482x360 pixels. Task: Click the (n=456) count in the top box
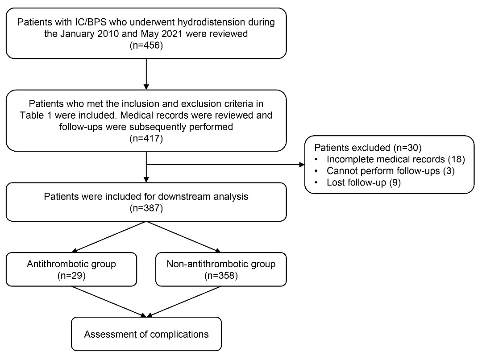coord(146,46)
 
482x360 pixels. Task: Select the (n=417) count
coord(146,139)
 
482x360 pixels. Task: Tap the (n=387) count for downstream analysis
coord(146,208)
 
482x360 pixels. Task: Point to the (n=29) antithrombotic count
coord(71,276)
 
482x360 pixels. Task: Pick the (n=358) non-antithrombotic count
coord(221,276)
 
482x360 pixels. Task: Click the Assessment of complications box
coord(146,334)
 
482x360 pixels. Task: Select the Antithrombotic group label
coord(71,264)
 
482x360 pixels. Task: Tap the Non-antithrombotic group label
coord(221,264)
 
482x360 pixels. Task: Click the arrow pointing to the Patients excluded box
coord(225,165)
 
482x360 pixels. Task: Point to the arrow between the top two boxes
coord(146,74)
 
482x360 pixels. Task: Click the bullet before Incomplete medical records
coord(316,159)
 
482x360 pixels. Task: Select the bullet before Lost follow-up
coord(316,183)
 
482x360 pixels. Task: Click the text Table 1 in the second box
coord(36,116)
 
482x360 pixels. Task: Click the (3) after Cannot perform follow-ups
coord(449,171)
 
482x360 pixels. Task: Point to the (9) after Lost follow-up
coord(395,182)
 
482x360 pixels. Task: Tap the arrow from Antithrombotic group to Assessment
coord(109,302)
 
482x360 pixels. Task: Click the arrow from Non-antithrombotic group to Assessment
coord(184,302)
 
